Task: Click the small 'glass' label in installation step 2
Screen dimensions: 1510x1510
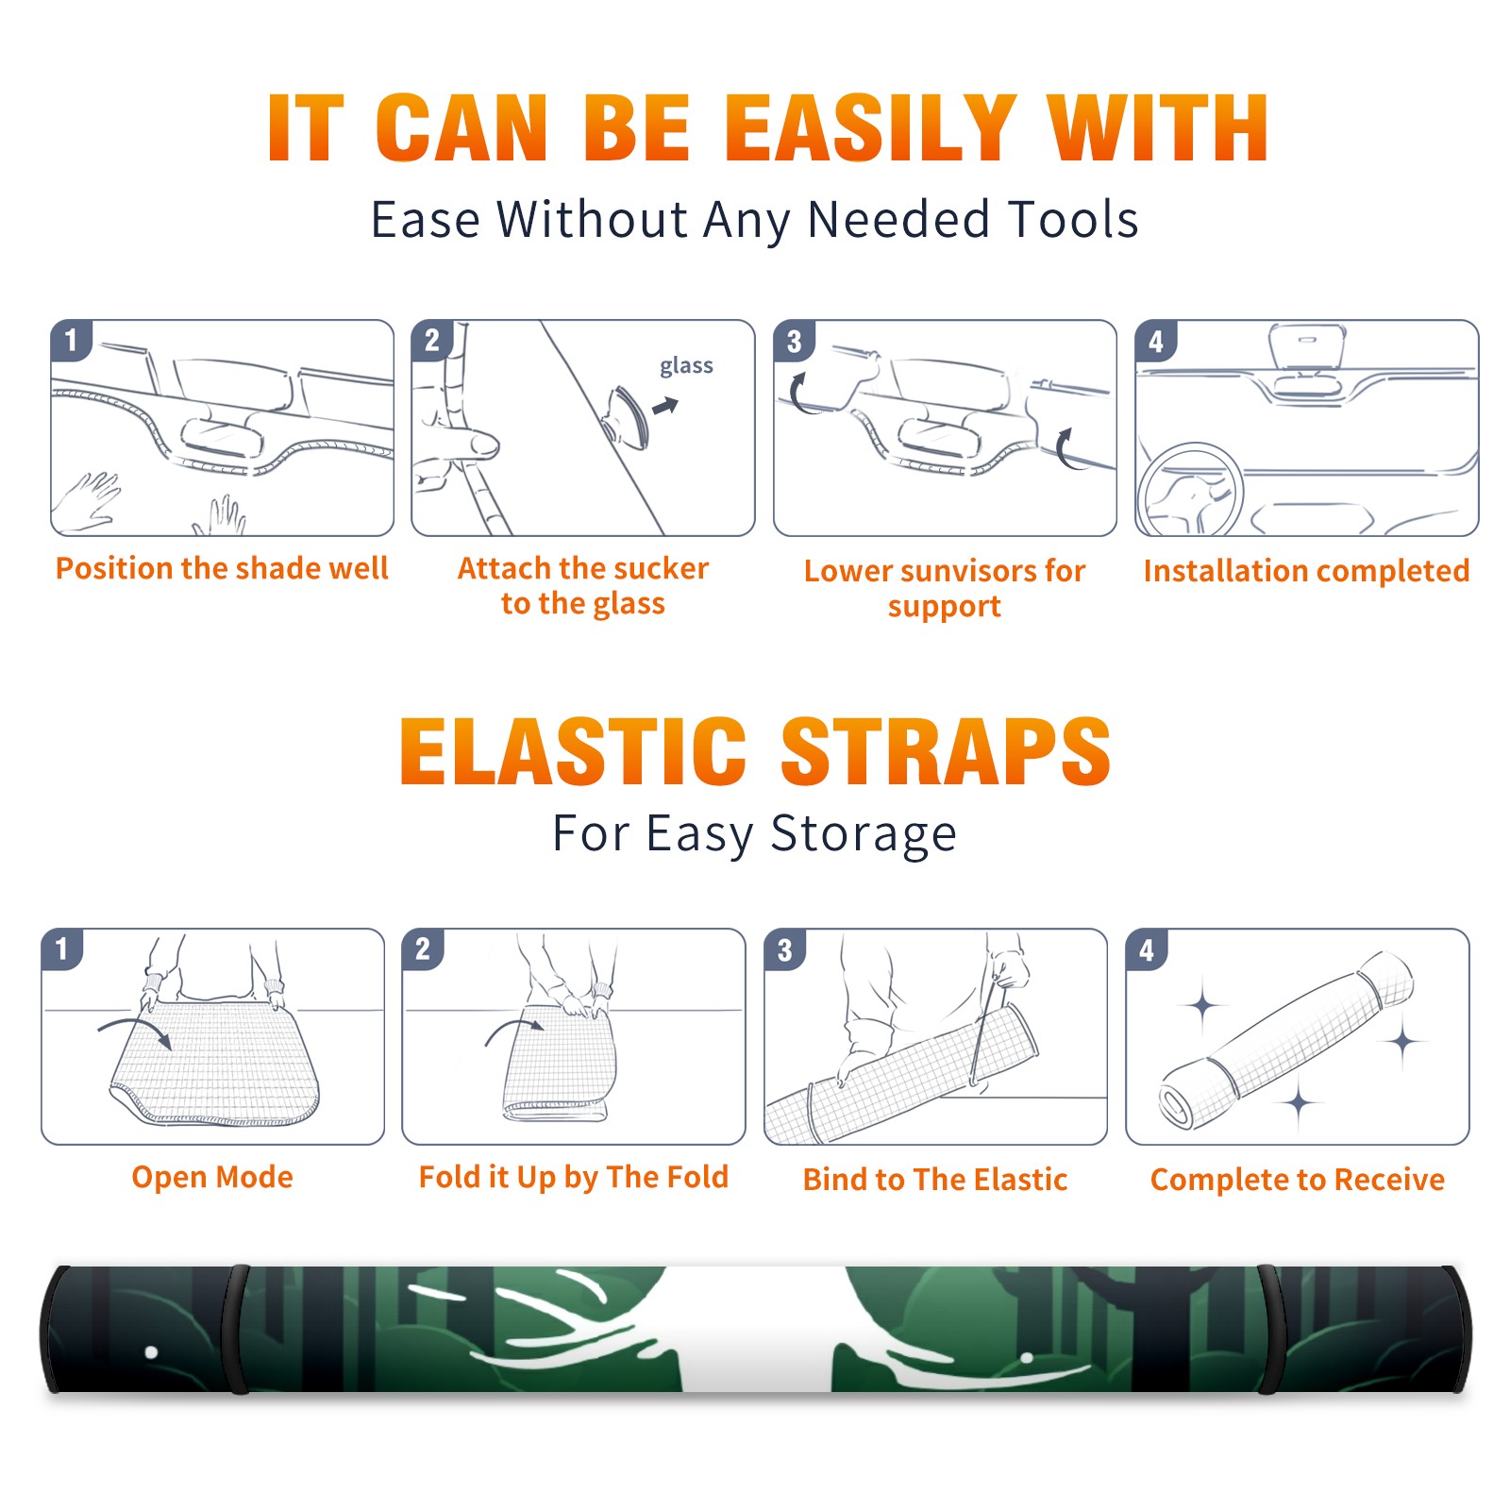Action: tap(686, 366)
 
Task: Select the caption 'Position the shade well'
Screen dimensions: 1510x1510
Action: tap(222, 568)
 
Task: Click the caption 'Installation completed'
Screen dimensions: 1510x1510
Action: tap(1306, 570)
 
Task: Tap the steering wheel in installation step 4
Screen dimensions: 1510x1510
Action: tap(1190, 491)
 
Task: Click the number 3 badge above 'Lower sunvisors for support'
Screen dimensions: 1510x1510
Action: tap(794, 342)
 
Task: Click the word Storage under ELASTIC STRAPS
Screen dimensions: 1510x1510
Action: tap(864, 834)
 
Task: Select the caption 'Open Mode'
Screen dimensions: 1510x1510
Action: tap(212, 1177)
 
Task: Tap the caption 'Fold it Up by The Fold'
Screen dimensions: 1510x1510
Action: tap(574, 1177)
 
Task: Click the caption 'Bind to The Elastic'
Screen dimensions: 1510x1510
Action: tap(935, 1180)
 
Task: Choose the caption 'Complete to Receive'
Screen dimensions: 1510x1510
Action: tap(1298, 1180)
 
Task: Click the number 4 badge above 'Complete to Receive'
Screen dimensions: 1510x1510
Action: tap(1147, 949)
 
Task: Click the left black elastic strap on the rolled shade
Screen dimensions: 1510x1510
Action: tap(237, 1329)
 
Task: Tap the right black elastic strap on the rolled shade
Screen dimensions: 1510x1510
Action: tap(1269, 1329)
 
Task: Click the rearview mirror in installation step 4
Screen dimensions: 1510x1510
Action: tap(1307, 346)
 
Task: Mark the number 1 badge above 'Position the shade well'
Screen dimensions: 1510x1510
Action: tap(71, 340)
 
